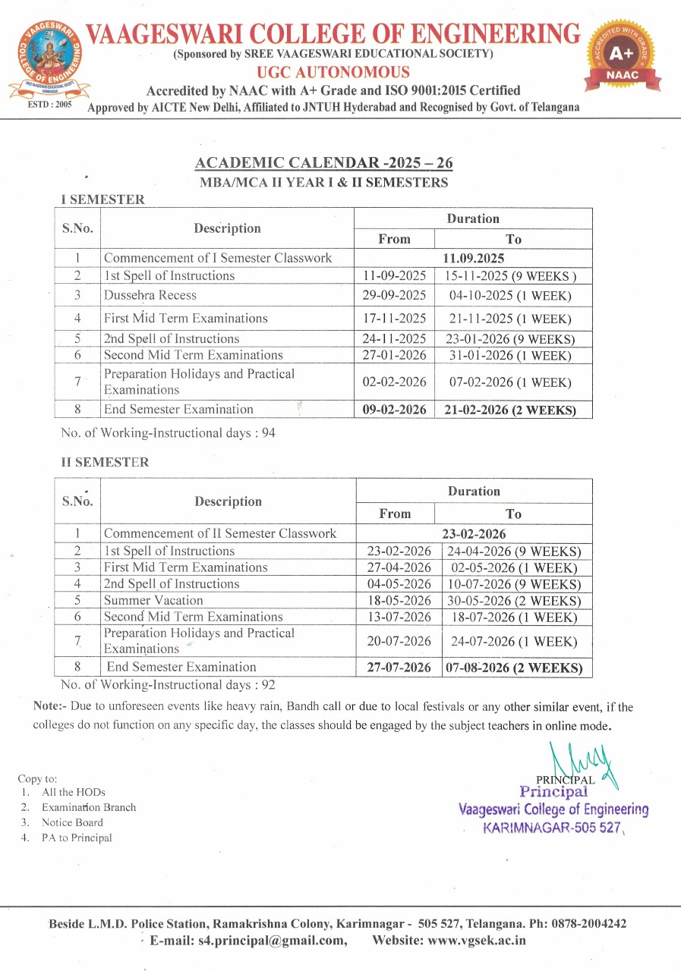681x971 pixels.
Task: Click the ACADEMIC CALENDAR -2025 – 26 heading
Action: click(324, 163)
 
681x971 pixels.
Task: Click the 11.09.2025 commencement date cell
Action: click(473, 258)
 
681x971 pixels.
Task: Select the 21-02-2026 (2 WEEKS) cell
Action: click(512, 410)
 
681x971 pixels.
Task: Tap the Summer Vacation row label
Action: click(153, 600)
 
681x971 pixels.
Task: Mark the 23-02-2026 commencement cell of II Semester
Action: click(474, 533)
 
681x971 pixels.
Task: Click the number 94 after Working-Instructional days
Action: click(268, 433)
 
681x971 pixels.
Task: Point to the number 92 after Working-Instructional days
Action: click(268, 685)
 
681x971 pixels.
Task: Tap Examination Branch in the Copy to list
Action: click(89, 807)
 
